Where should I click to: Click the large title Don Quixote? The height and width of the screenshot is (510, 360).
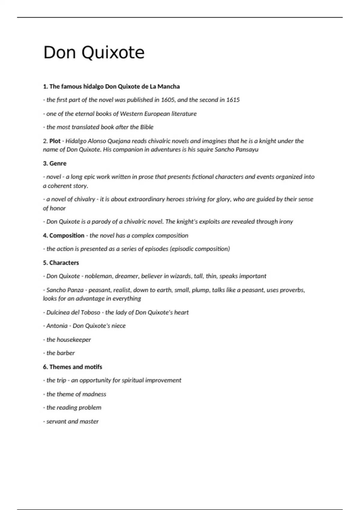point(94,52)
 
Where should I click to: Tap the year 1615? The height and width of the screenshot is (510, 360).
point(233,100)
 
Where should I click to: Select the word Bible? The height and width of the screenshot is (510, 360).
point(147,127)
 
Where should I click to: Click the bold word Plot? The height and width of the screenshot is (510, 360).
point(55,141)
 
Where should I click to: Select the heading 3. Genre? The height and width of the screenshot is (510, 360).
point(55,163)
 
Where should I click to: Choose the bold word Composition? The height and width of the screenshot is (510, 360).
point(67,235)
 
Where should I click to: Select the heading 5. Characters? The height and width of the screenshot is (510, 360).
point(61,263)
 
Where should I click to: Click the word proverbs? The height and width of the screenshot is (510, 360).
point(292,290)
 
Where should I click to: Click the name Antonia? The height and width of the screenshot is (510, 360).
point(57,326)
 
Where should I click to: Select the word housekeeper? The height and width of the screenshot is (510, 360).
point(73,340)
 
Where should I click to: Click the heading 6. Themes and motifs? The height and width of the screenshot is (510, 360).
point(72,367)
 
